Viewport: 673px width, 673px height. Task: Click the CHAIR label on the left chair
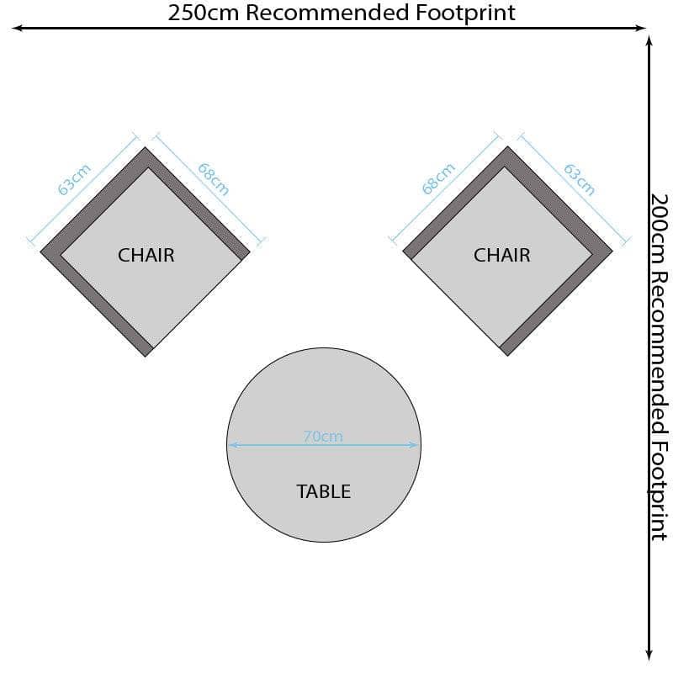pos(146,255)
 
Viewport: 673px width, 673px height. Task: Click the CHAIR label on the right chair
pos(501,255)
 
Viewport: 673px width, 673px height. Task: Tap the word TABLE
pos(324,491)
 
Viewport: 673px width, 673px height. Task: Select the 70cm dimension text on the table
pos(323,437)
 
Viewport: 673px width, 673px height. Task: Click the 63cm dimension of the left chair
pos(74,179)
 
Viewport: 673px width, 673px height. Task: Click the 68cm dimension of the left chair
pos(214,179)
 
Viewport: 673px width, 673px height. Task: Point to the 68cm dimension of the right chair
pos(438,178)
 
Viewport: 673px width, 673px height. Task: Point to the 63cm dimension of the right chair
pos(579,179)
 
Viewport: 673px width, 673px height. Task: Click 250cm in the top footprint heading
pos(203,13)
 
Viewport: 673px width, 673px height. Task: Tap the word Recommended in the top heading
pos(327,13)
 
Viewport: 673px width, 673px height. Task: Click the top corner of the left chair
pos(145,147)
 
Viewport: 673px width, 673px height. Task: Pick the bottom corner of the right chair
pos(507,356)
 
